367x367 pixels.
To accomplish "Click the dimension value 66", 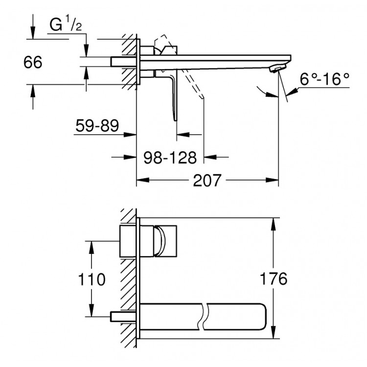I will (x=32, y=62).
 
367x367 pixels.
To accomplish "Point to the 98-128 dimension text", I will (x=170, y=158).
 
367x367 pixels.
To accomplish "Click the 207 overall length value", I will (x=206, y=181).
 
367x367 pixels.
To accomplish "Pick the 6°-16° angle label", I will (x=325, y=79).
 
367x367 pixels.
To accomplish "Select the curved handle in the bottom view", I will (x=160, y=241).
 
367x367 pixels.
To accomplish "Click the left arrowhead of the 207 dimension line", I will (x=139, y=181).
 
